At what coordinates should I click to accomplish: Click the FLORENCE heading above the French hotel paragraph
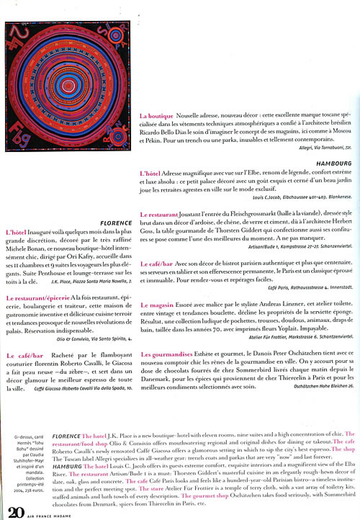116,223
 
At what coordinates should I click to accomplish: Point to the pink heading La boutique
156,116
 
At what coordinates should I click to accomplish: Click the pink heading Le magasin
157,305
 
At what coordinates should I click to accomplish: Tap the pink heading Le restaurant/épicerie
38,298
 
